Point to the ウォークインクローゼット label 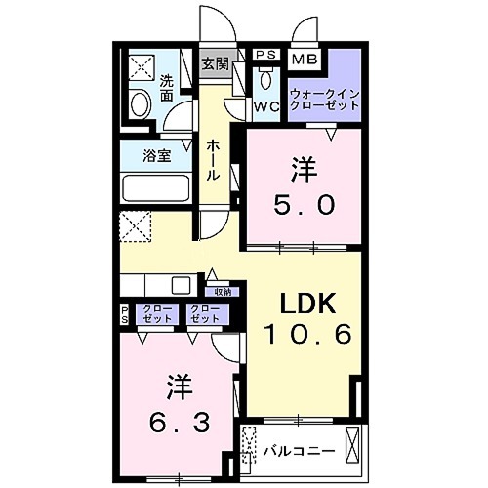point(325,99)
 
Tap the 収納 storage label point(222,291)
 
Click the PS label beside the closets point(124,314)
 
